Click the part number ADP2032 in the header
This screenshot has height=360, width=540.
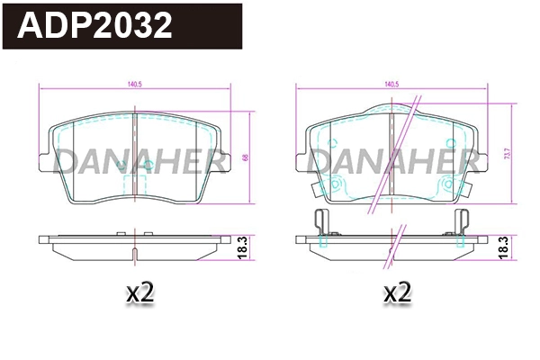click(x=95, y=26)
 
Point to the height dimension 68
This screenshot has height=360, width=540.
click(x=245, y=158)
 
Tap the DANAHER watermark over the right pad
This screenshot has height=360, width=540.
click(x=394, y=161)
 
